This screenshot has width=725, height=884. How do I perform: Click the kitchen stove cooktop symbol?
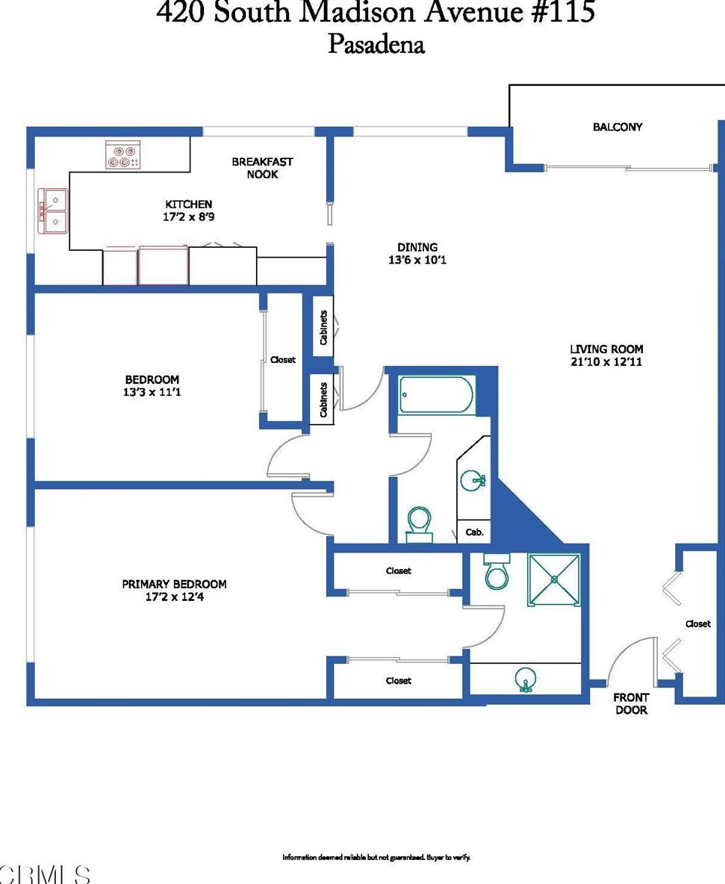click(x=123, y=155)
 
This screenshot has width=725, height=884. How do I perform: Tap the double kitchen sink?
click(x=53, y=211)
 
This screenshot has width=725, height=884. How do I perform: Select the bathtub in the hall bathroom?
click(x=436, y=395)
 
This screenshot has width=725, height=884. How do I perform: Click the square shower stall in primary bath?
click(x=554, y=579)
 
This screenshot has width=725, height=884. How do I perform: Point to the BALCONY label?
click(x=617, y=127)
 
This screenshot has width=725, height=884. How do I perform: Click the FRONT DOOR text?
click(x=631, y=703)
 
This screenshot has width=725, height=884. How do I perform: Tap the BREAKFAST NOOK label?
click(x=262, y=168)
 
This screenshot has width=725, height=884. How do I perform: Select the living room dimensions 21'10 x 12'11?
click(x=606, y=362)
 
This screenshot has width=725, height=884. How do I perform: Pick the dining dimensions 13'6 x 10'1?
click(x=417, y=260)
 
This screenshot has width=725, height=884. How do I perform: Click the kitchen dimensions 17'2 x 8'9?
click(x=188, y=217)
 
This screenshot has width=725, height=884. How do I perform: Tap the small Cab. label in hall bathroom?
click(x=474, y=532)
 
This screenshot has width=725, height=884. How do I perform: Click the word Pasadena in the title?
click(x=376, y=45)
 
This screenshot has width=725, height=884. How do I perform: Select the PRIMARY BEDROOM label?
click(x=174, y=584)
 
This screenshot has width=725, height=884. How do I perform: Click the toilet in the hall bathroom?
click(x=419, y=525)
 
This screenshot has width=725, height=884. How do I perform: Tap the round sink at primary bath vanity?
click(x=526, y=679)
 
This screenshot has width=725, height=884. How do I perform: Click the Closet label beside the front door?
click(x=697, y=623)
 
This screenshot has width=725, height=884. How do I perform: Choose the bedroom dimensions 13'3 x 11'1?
click(x=152, y=392)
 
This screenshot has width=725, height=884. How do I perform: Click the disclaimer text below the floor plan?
click(x=376, y=857)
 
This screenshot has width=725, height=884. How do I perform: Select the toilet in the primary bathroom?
click(x=496, y=572)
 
